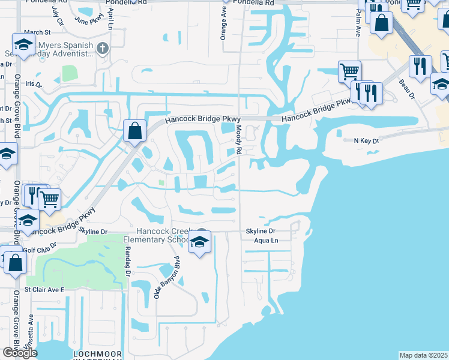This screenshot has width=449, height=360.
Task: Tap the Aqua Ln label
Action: (x=267, y=240)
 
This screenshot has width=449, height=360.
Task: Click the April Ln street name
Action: (x=112, y=20)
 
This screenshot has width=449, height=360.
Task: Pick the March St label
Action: (x=37, y=32)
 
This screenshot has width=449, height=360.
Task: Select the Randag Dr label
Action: (x=128, y=263)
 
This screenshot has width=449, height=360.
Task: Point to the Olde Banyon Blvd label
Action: (x=167, y=277)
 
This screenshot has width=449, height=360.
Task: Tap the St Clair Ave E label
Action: (x=44, y=289)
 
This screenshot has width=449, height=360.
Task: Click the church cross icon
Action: (x=103, y=47)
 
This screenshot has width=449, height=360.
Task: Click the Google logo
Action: (x=19, y=353)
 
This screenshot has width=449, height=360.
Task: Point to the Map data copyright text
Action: (x=424, y=355)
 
